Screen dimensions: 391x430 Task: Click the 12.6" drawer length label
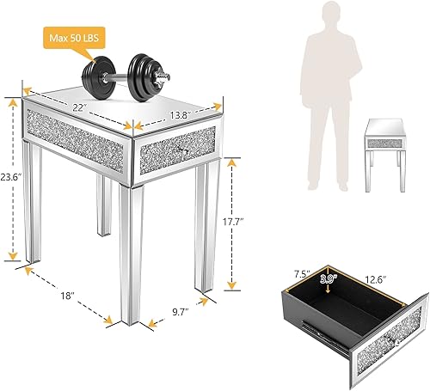(x=372, y=278)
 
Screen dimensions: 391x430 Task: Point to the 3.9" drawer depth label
(x=331, y=278)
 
